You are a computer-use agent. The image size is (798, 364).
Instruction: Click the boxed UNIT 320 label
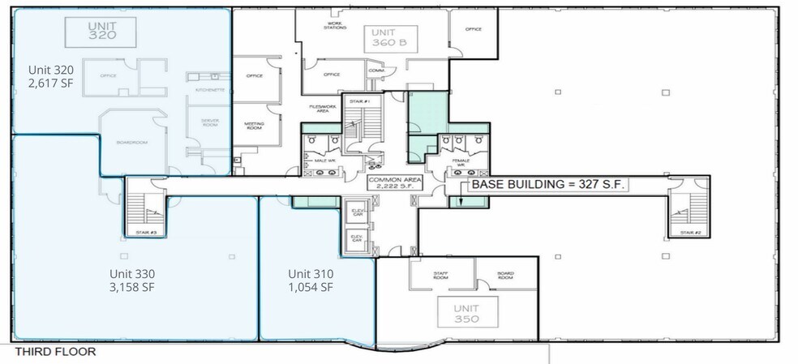tap(102, 30)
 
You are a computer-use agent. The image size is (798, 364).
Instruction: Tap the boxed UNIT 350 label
tap(466, 314)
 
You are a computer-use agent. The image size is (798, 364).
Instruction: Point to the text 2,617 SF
tap(57, 82)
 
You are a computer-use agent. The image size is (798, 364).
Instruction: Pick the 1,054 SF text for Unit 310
tap(311, 287)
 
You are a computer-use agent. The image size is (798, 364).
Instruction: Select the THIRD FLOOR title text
tap(55, 352)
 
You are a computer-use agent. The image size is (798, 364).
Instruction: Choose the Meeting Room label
tap(254, 125)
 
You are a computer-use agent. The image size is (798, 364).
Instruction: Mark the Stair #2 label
tap(691, 233)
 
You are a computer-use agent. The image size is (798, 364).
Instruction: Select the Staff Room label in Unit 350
tap(442, 275)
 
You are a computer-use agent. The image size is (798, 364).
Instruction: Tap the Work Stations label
tap(334, 25)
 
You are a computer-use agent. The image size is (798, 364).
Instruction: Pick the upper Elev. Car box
tap(356, 213)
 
